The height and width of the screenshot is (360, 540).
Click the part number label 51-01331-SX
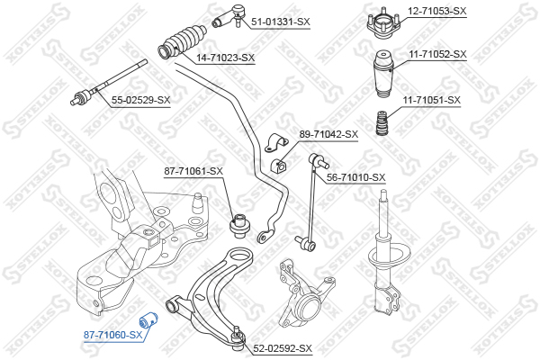click(x=280, y=21)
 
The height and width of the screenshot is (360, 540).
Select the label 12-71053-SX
click(x=437, y=11)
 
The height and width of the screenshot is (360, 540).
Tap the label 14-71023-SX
click(x=226, y=58)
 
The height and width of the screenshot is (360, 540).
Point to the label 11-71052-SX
click(x=436, y=55)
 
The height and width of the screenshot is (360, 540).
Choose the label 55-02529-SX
click(x=140, y=100)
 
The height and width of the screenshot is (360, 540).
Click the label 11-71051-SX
click(x=431, y=100)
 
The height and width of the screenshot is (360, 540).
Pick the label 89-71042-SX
click(x=328, y=134)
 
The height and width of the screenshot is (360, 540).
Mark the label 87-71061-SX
click(x=193, y=171)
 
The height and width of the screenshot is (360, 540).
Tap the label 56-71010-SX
click(x=355, y=178)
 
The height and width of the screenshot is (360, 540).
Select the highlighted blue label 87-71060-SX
click(x=113, y=335)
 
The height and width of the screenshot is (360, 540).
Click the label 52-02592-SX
click(x=282, y=348)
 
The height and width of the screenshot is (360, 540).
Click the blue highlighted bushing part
click(x=151, y=319)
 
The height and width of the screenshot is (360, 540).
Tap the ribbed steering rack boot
click(x=185, y=42)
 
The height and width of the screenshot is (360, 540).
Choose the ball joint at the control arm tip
click(x=237, y=336)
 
